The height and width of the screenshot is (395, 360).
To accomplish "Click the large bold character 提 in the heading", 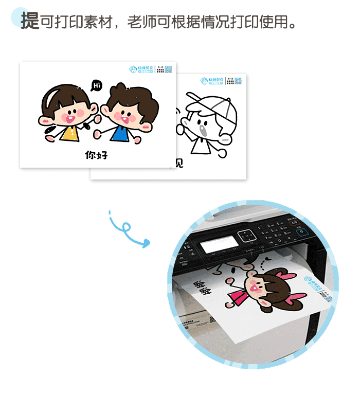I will click(x=30, y=20).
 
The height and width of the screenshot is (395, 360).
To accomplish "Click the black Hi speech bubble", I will click(x=96, y=85).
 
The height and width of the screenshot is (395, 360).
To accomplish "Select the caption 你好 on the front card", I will click(x=96, y=154).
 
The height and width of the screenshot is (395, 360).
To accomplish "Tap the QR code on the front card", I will click(x=168, y=70).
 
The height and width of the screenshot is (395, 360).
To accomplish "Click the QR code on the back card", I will click(x=238, y=80).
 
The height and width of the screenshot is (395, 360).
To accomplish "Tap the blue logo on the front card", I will click(x=141, y=69).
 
